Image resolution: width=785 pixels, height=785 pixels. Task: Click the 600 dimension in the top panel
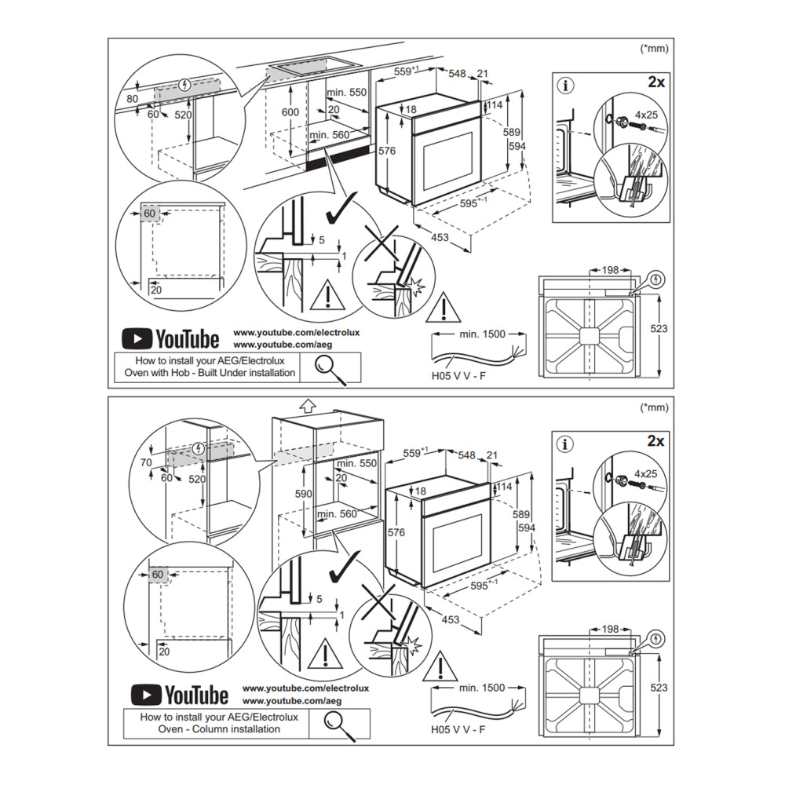(290, 112)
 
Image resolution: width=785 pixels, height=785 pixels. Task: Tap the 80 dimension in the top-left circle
(131, 98)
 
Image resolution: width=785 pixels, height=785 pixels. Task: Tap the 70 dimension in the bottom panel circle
(146, 462)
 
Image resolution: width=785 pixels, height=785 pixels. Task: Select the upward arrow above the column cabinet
(308, 406)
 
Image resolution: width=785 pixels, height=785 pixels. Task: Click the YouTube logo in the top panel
(170, 339)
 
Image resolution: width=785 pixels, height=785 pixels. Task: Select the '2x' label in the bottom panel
(655, 441)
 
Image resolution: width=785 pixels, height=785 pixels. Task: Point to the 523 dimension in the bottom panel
(659, 687)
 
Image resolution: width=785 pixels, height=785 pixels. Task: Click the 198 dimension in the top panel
(612, 269)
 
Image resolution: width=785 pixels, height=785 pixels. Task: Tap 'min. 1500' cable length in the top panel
(483, 334)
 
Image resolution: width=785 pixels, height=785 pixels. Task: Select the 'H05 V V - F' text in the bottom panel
(458, 729)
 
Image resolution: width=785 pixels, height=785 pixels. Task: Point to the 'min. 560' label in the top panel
(328, 135)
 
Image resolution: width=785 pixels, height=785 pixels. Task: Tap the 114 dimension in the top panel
(494, 104)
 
